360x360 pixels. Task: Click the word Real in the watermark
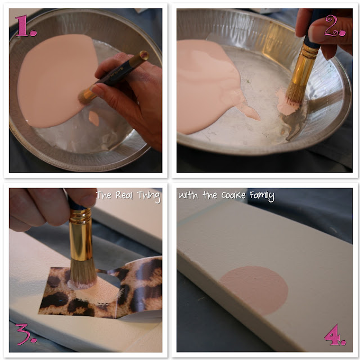(124, 195)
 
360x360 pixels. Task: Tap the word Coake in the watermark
(233, 195)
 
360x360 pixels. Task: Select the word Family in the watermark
(262, 196)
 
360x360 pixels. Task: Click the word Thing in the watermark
(148, 196)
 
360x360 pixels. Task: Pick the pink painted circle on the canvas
(254, 290)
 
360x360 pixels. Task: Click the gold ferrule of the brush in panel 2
(303, 65)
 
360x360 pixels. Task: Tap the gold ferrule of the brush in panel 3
(80, 235)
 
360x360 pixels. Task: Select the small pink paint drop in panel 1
(94, 118)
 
